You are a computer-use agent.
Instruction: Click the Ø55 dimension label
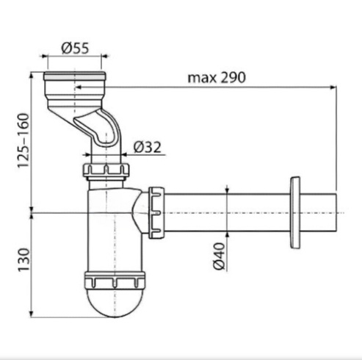[x=75, y=48]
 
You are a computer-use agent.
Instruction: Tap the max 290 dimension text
[x=217, y=78]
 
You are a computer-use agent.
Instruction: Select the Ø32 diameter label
[x=148, y=147]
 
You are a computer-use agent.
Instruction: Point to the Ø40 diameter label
[x=219, y=256]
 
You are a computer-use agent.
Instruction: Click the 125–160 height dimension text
[x=23, y=140]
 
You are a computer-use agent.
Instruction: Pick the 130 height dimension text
[x=23, y=260]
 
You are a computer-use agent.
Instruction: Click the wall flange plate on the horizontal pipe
[x=295, y=212]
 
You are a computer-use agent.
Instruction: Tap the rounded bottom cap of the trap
[x=115, y=303]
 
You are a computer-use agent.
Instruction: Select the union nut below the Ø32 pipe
[x=106, y=170]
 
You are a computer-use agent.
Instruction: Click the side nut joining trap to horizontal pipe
[x=156, y=212]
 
